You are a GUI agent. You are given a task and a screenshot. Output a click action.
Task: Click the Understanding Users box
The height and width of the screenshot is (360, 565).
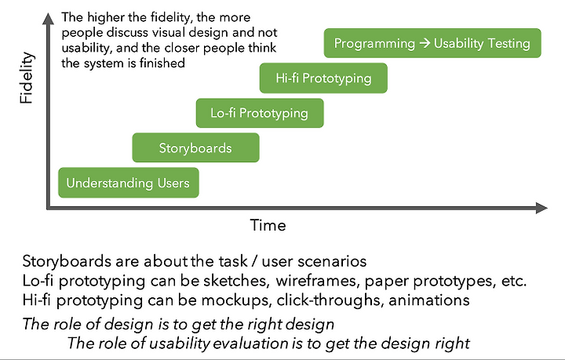(129, 183)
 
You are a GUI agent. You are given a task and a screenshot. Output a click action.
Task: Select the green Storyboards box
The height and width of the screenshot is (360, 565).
(195, 147)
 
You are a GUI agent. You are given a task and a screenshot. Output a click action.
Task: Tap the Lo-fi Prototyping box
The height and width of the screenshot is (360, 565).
(260, 113)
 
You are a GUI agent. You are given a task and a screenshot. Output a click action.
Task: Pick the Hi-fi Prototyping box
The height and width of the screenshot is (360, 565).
(323, 78)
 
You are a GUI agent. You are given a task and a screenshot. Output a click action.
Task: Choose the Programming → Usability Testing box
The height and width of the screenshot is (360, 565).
(432, 43)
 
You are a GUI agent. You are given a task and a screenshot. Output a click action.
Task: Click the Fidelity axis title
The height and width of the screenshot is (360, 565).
(27, 78)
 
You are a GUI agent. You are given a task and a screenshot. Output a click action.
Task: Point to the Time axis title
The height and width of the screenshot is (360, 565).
(268, 225)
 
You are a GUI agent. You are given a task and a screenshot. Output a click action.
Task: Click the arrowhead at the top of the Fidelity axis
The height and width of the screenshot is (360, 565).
(49, 19)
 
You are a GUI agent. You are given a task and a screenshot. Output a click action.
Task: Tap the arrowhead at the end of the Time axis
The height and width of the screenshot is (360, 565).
(541, 208)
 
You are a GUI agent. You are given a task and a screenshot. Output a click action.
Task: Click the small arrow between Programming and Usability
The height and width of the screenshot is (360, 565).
(425, 43)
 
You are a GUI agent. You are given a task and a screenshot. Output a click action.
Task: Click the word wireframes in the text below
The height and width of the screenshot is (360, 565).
(318, 281)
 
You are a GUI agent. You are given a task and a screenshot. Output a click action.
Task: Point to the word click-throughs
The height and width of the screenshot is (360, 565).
(330, 300)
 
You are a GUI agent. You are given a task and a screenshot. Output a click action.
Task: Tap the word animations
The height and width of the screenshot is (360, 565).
(429, 300)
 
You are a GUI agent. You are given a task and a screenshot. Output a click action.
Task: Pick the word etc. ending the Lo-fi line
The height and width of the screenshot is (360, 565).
(514, 281)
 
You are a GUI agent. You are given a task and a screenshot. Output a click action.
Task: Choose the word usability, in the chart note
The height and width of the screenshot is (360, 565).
(87, 48)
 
